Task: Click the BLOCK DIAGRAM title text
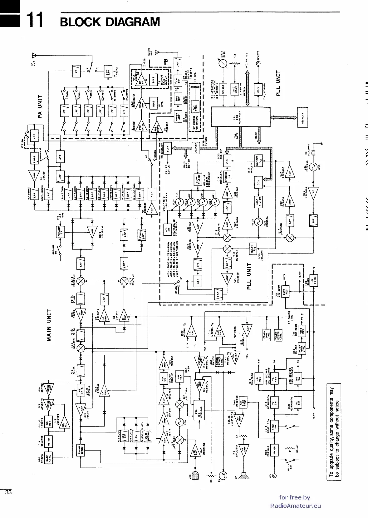[110, 22]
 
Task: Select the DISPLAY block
[302, 117]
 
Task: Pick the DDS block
[259, 184]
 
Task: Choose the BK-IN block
[274, 450]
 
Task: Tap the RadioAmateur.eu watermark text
[295, 506]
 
